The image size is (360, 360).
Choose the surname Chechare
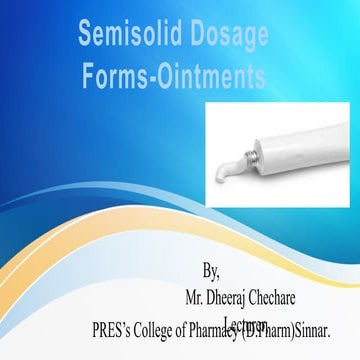308,297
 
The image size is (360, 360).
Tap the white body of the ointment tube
310,130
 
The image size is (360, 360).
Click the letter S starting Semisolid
86,37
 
